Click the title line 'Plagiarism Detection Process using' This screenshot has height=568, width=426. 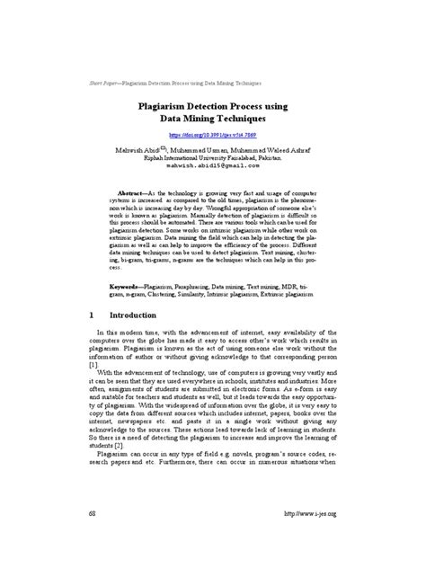pos(213,105)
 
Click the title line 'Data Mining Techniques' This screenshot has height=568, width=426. pos(213,118)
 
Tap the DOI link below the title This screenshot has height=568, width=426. pos(213,133)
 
